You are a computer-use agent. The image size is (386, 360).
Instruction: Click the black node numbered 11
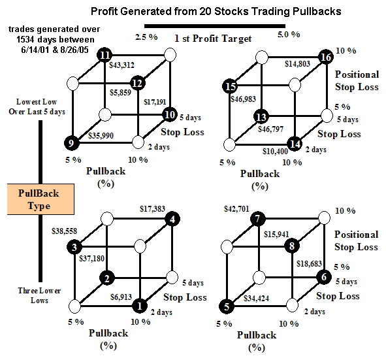pyautogui.click(x=105, y=55)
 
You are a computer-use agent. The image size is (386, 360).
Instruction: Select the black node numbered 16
pyautogui.click(x=326, y=57)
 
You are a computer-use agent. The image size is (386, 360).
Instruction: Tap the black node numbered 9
pyautogui.click(x=72, y=143)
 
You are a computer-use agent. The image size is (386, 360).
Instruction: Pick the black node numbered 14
pyautogui.click(x=295, y=144)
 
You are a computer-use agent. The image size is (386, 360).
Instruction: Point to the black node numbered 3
pyautogui.click(x=74, y=247)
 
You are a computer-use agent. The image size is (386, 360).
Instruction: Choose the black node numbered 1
pyautogui.click(x=140, y=306)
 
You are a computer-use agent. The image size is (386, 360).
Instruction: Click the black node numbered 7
pyautogui.click(x=258, y=219)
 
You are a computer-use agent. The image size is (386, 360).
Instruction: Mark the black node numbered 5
pyautogui.click(x=227, y=306)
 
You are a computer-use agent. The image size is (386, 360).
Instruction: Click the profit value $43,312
pyautogui.click(x=122, y=65)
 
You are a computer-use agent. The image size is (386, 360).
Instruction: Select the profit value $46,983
pyautogui.click(x=243, y=99)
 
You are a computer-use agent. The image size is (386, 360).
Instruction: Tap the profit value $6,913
pyautogui.click(x=121, y=297)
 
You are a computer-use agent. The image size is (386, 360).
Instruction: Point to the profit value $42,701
pyautogui.click(x=236, y=209)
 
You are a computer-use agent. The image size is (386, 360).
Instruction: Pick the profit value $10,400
pyautogui.click(x=275, y=151)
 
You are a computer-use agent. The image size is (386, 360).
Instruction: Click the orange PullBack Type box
pyautogui.click(x=40, y=199)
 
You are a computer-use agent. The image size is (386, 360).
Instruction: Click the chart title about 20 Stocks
pyautogui.click(x=216, y=11)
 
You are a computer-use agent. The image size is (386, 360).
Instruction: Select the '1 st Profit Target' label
pyautogui.click(x=213, y=39)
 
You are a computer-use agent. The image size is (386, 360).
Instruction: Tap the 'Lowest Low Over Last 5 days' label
pyautogui.click(x=37, y=107)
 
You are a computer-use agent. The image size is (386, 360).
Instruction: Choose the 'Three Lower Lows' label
pyautogui.click(x=39, y=295)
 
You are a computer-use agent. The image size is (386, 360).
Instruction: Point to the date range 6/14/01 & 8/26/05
pyautogui.click(x=55, y=50)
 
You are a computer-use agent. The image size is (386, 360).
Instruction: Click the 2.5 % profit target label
pyautogui.click(x=146, y=37)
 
